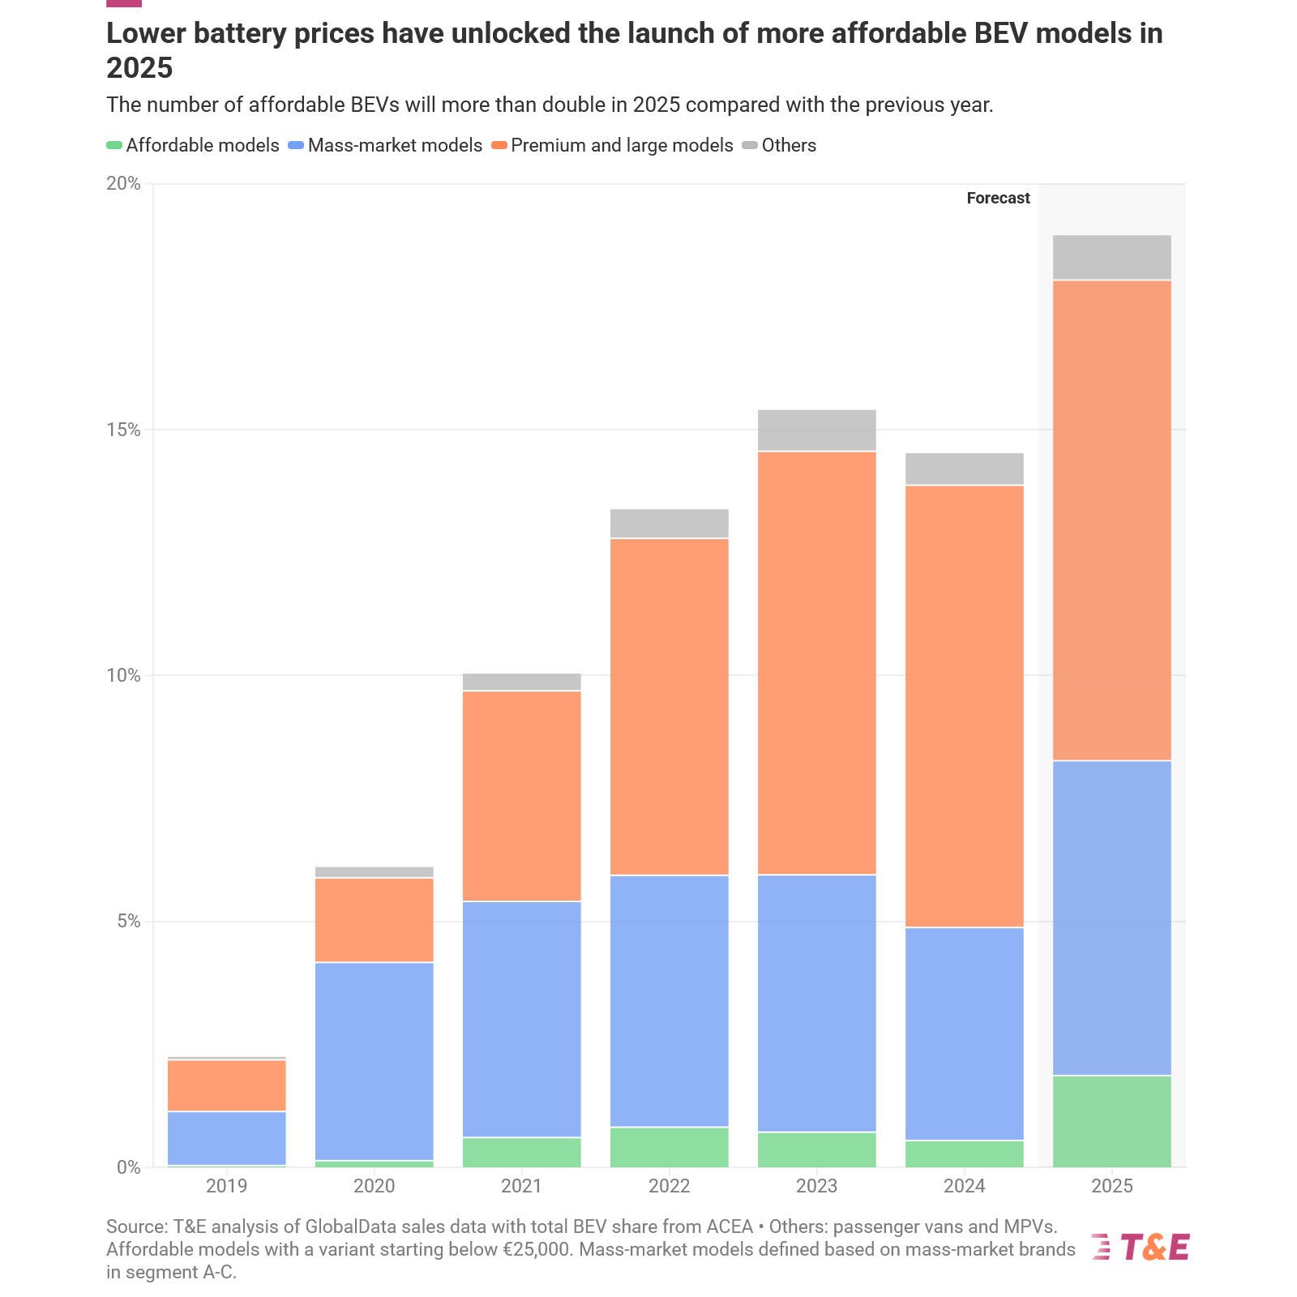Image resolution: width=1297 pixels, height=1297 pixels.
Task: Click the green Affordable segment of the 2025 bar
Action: point(1111,1121)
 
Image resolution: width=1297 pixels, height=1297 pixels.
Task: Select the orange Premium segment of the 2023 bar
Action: point(816,662)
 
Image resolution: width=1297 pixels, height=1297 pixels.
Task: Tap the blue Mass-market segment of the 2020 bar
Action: point(374,1060)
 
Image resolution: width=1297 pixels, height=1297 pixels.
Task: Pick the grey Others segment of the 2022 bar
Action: point(669,524)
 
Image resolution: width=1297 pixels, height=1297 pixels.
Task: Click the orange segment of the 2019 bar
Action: point(226,1085)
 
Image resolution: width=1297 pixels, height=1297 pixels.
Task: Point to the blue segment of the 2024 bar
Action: point(964,1034)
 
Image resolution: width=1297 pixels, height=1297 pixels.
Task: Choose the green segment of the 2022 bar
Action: point(669,1147)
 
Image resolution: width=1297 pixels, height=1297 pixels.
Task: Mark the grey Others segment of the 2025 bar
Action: point(1111,258)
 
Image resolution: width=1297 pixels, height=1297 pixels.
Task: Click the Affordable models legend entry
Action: point(202,146)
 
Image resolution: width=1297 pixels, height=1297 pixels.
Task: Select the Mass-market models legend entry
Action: point(395,146)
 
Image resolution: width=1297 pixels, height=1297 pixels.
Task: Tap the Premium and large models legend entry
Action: point(622,146)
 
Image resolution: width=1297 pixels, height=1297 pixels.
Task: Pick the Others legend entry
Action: point(789,146)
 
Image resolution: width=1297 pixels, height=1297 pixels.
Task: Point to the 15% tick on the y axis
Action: point(124,430)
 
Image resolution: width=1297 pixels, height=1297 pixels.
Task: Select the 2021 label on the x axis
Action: point(521,1187)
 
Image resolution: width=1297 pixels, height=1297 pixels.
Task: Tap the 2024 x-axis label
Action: point(964,1187)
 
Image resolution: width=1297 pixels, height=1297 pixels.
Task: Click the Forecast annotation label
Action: point(998,199)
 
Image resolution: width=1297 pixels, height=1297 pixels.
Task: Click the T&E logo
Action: point(1141,1247)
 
